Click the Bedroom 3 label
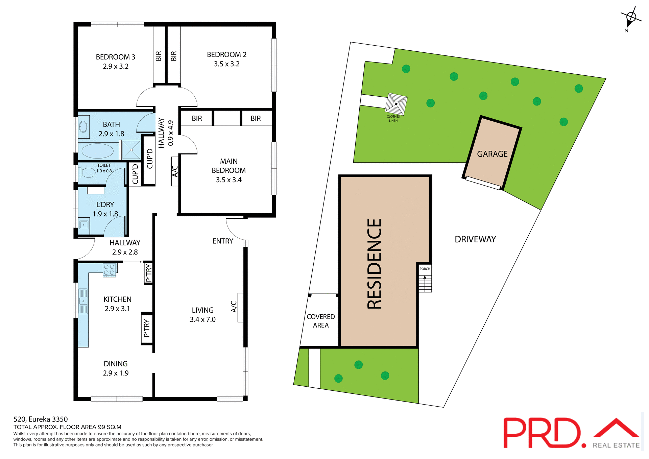click(115, 57)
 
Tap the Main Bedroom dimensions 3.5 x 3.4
click(229, 180)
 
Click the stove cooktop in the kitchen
click(109, 270)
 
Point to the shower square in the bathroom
click(131, 150)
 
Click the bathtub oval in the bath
click(97, 151)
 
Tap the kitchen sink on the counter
click(83, 301)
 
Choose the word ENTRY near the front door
click(222, 241)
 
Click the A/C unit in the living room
click(240, 307)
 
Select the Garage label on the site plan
click(492, 154)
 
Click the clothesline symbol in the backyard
click(396, 104)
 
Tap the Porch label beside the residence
click(425, 269)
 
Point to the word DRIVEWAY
click(475, 239)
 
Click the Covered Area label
click(320, 321)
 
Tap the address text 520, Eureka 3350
click(41, 419)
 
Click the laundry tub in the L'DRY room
click(83, 224)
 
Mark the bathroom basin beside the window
click(83, 127)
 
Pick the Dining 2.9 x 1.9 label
click(116, 368)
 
